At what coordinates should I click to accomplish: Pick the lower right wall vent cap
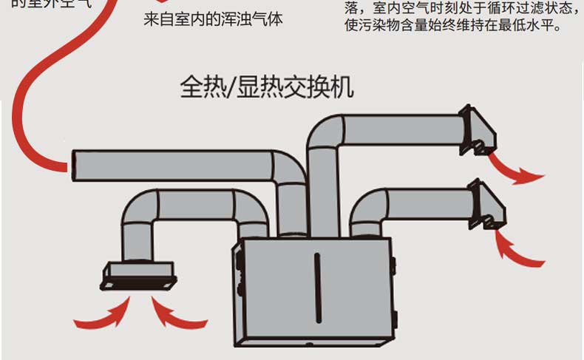pos(489,206)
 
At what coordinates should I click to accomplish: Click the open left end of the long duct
pos(75,165)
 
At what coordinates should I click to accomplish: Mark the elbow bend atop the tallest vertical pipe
pos(325,132)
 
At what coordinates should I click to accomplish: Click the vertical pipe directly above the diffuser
pos(137,237)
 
